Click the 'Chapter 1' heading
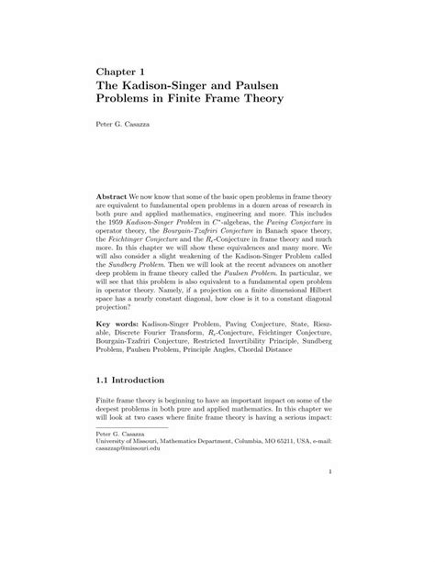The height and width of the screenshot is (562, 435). pos(124,69)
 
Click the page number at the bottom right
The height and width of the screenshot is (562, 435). pos(329,550)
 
